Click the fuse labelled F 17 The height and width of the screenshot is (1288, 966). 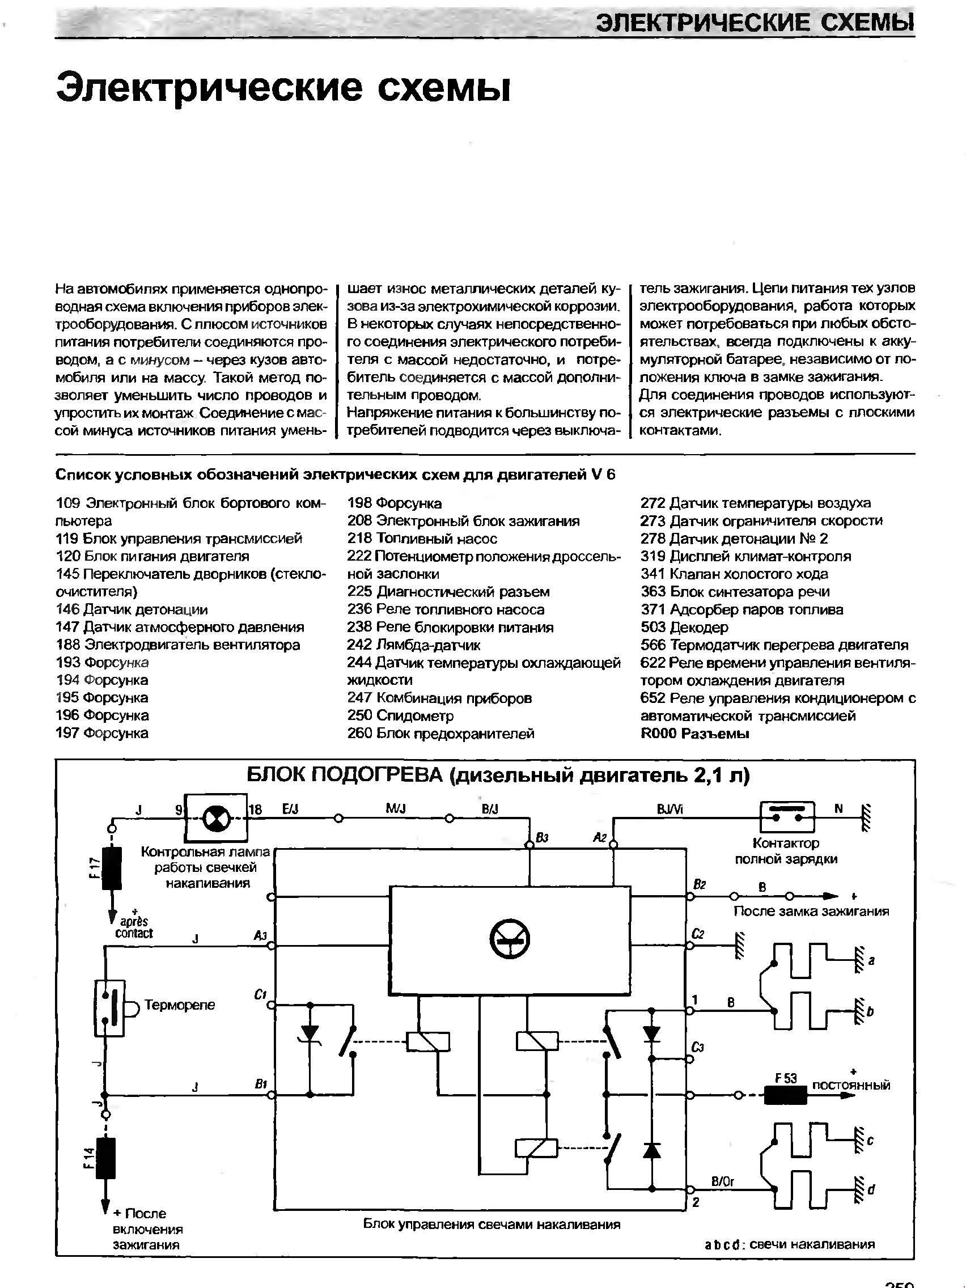[112, 868]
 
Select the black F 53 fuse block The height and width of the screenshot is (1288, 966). [785, 1095]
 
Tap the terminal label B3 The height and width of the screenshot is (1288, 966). [542, 838]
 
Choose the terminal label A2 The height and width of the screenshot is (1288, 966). [600, 837]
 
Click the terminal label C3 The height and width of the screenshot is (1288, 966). [699, 1048]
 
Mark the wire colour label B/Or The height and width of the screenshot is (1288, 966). [722, 1181]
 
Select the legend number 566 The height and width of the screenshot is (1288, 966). [653, 645]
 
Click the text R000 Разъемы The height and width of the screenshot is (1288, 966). [694, 734]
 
